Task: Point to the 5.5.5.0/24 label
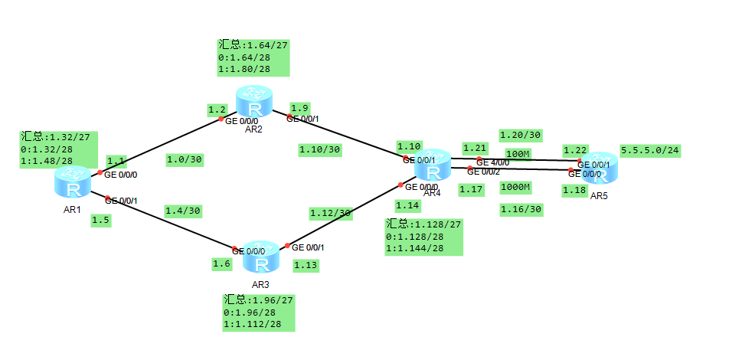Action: (x=650, y=150)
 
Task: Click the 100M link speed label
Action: (x=518, y=154)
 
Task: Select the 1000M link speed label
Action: (x=515, y=187)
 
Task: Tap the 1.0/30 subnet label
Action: (x=184, y=160)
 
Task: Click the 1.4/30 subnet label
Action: (x=184, y=210)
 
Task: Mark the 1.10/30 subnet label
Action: (x=320, y=149)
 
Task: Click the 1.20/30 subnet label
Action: (x=521, y=135)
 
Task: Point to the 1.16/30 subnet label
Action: (x=521, y=208)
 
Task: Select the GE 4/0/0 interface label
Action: (x=492, y=162)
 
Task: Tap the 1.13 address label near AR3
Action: (x=306, y=265)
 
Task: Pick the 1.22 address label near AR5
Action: (x=575, y=149)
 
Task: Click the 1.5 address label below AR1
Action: (x=100, y=220)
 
